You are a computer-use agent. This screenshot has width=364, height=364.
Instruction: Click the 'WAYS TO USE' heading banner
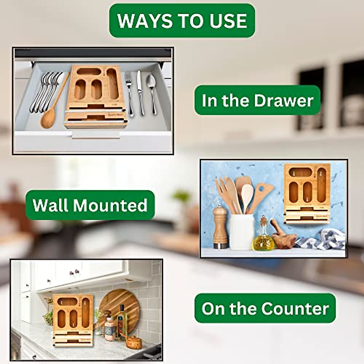(x=182, y=21)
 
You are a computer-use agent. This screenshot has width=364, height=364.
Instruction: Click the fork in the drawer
(x=130, y=94)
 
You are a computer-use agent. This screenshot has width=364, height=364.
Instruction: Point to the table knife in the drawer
(x=140, y=93)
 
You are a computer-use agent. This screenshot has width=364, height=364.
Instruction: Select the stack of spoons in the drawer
(x=45, y=91)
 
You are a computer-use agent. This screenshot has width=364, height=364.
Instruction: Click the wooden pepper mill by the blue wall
(x=220, y=227)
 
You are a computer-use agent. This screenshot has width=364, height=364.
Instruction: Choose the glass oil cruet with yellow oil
(x=263, y=237)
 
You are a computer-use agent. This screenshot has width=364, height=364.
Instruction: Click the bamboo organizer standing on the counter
(x=73, y=320)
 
